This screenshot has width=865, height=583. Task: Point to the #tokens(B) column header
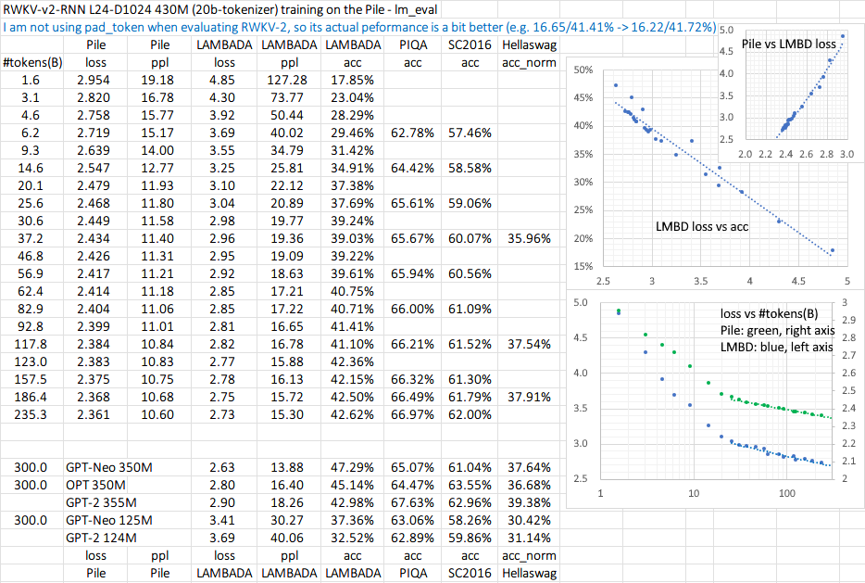point(31,62)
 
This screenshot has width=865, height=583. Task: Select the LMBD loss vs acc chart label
point(701,225)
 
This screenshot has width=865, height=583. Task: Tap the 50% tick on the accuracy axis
point(583,70)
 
